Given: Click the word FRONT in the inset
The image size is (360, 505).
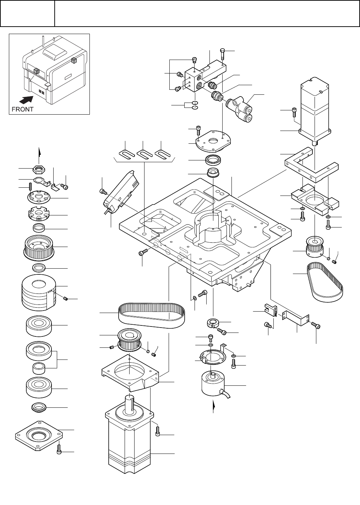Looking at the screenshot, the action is pos(22,109).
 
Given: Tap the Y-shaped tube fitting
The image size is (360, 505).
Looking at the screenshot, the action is pos(239,108).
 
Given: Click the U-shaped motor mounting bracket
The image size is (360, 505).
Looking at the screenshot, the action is pos(311,165).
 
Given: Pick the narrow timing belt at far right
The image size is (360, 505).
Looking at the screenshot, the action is pos(324,281).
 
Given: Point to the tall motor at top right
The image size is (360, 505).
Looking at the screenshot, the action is pos(315,111).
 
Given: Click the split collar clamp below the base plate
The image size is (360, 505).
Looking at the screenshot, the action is pos(213,323).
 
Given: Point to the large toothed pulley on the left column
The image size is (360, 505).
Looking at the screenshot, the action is pos(39,248).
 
